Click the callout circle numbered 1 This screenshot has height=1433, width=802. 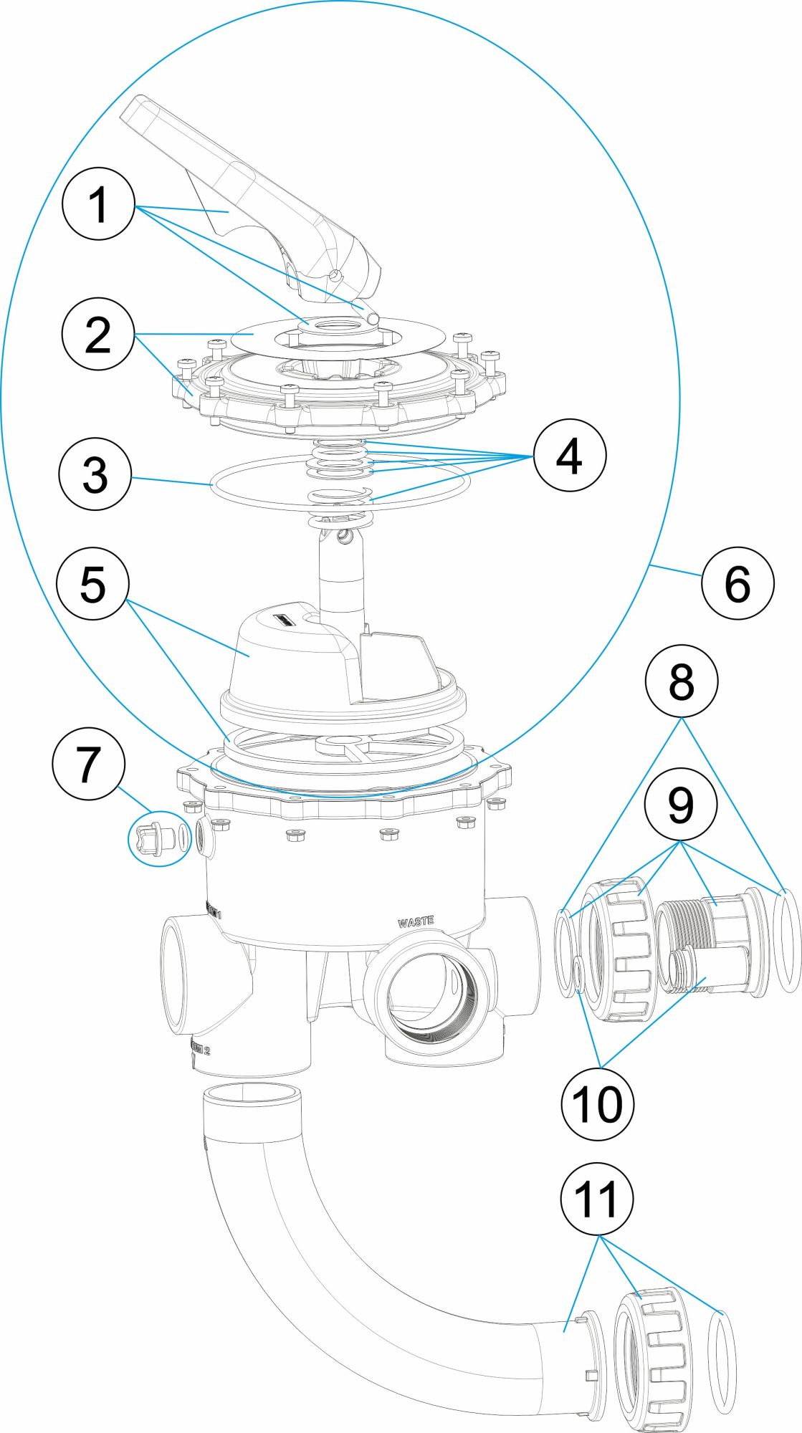(98, 204)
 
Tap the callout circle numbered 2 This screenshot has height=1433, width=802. (97, 334)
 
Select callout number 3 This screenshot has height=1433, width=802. (95, 474)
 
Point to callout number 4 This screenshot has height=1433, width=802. (569, 456)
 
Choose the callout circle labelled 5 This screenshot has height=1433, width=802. (93, 583)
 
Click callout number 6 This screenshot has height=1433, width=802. (737, 584)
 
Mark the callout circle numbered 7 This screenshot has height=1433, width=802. (89, 764)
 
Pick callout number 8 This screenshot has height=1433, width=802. (681, 681)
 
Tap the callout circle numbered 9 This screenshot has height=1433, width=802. (680, 804)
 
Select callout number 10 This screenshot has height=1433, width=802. (598, 1103)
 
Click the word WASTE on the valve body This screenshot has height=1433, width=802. (415, 922)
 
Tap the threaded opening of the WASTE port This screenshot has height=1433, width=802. (430, 996)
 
